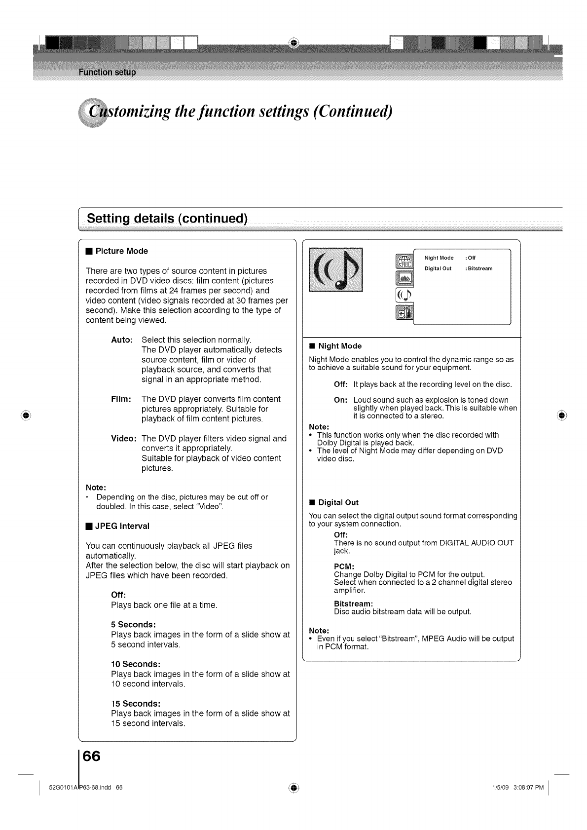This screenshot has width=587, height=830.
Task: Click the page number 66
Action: point(92,756)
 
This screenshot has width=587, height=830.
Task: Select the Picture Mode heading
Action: point(121,251)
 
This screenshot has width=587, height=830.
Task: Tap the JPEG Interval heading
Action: point(122,526)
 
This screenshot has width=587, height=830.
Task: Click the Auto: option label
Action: point(122,340)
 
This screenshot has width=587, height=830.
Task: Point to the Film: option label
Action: point(121,399)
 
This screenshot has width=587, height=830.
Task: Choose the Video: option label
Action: point(123,439)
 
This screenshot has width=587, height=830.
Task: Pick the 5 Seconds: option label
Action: point(134,625)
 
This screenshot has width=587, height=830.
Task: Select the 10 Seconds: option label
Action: point(136,664)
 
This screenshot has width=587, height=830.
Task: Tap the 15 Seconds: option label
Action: point(136,704)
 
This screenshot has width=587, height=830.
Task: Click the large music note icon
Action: point(335,270)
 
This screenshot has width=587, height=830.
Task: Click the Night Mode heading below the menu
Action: point(340,346)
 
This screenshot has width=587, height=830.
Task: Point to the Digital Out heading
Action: point(338,502)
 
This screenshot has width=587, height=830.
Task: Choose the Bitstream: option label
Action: point(353,604)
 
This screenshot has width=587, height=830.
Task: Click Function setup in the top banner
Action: point(107,73)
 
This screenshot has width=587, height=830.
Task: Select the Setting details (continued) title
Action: point(167,219)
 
